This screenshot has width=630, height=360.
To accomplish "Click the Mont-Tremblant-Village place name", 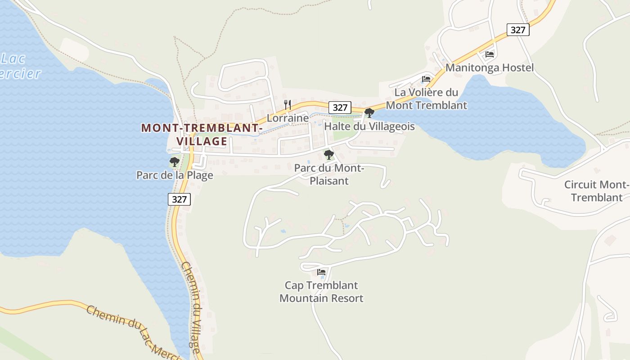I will point(201,134).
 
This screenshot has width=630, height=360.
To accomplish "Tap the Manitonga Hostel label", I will point(489,68).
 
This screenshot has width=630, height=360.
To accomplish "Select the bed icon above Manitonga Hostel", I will point(490,54).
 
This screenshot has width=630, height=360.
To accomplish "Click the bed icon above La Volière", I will point(426,79).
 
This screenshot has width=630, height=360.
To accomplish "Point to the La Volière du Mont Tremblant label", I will point(426,99).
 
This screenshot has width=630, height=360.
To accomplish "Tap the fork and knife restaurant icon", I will point(288,105).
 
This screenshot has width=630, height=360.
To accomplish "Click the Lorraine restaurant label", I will point(288,118).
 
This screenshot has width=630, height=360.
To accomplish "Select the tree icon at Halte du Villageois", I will point(369,113).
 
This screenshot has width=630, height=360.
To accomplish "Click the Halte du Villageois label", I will point(369,126).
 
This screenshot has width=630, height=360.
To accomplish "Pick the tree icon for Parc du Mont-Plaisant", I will point(329,155).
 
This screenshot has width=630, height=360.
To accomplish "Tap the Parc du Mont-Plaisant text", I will point(329,175).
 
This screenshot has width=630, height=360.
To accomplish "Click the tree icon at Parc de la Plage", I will point(175,162).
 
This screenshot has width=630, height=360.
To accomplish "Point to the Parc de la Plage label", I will point(175,175).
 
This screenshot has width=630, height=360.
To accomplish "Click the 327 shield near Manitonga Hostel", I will point(518,30).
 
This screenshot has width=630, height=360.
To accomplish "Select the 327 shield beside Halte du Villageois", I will point(340,108).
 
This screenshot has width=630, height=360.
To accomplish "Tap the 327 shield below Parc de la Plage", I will point(179,199).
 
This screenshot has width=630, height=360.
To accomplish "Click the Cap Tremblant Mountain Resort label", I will point(321,292).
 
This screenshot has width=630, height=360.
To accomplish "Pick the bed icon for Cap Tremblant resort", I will point(321,272).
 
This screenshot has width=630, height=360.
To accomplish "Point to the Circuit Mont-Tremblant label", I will point(596,191).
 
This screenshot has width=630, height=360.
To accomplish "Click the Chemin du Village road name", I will point(191,307).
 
